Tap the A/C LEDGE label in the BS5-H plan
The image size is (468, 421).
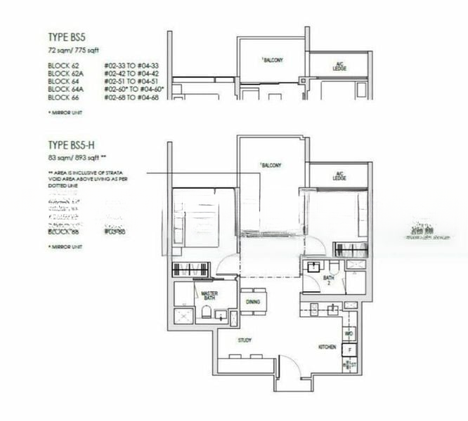coord(340,176)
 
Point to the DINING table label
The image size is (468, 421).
coord(253,302)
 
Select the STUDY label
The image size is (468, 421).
coord(245,340)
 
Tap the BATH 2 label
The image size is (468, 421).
coord(328,280)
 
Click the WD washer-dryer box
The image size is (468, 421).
coord(349,333)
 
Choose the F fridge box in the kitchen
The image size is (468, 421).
coord(349,348)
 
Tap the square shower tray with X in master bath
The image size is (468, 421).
coord(185,316)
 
